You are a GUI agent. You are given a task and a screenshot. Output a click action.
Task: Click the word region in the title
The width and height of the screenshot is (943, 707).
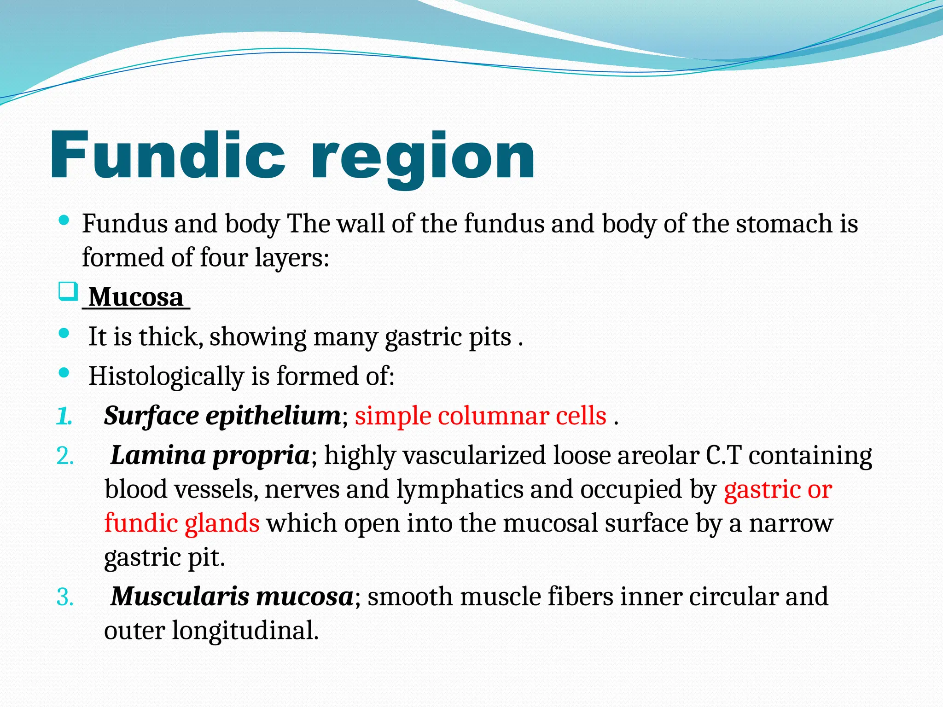point(423,159)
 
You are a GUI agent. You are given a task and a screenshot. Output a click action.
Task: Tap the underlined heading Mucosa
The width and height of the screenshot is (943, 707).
point(136,297)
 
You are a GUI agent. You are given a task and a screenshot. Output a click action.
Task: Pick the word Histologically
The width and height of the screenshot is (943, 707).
point(166,377)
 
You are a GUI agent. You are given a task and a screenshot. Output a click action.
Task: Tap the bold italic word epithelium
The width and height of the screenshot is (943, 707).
point(273,416)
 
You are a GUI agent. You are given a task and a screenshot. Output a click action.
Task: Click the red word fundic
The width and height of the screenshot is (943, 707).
point(140,524)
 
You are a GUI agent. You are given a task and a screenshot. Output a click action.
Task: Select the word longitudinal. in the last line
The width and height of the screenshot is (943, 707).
point(245,631)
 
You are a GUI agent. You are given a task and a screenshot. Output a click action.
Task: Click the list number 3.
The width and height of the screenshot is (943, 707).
point(65,597)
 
